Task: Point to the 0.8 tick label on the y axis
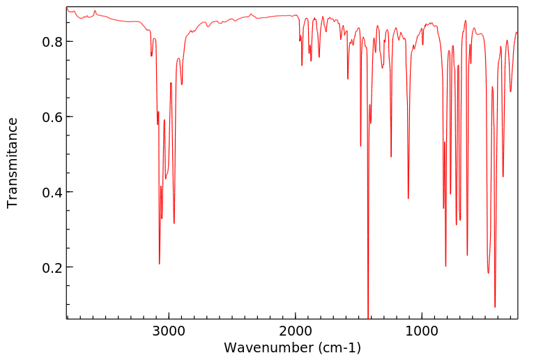(x=50, y=42)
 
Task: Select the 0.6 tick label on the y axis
(x=50, y=117)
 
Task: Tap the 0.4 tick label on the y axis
(x=50, y=193)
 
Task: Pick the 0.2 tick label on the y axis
(x=50, y=268)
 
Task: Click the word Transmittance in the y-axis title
(x=13, y=163)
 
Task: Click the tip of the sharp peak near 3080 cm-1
(x=160, y=264)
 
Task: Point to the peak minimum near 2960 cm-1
(x=174, y=223)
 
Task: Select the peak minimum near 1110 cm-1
(x=409, y=199)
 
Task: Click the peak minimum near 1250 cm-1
(x=391, y=157)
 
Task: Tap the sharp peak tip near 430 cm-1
(x=495, y=307)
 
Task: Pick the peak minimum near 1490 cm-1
(x=360, y=146)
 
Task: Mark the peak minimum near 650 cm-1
(x=467, y=255)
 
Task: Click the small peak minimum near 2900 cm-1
(x=182, y=85)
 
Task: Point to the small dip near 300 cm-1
(x=510, y=91)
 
